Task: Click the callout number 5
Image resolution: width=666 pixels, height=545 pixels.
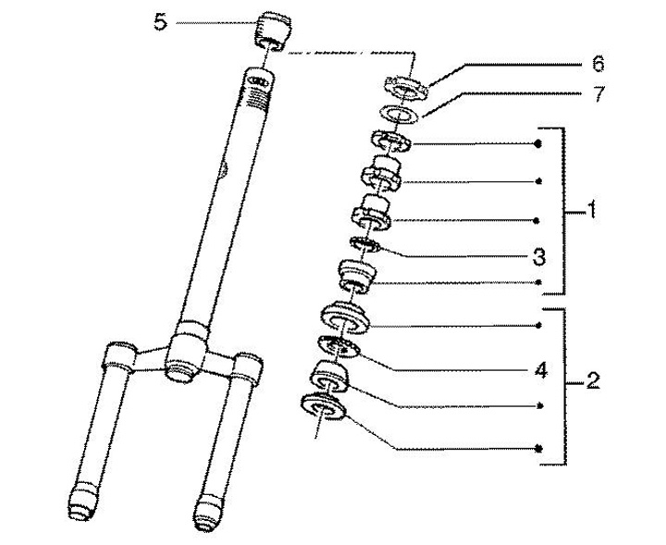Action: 160,22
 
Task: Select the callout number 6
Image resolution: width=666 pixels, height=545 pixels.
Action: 597,64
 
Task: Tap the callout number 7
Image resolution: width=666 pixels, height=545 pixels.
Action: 597,93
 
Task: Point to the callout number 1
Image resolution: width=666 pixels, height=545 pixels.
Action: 591,212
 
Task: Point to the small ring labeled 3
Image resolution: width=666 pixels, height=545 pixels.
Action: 367,244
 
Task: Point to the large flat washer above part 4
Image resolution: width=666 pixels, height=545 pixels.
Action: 344,316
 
